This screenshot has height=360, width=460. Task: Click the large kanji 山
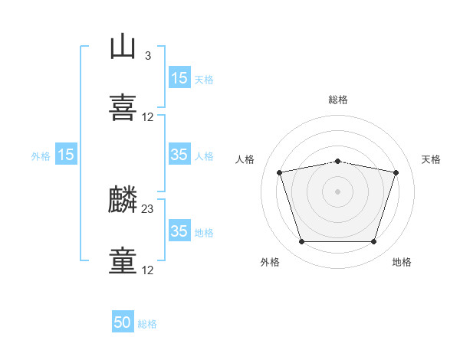click(123, 46)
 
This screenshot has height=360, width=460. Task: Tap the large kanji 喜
click(123, 107)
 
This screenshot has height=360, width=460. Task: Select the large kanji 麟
click(123, 199)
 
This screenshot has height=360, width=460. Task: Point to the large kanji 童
click(123, 260)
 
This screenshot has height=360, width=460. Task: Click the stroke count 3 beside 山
click(148, 55)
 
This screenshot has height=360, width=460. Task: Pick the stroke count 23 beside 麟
click(147, 209)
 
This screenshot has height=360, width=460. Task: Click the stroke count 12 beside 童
click(147, 270)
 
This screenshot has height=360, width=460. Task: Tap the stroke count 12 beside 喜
click(147, 117)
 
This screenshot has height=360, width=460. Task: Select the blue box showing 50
click(123, 321)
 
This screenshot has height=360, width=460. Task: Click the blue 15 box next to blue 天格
click(179, 77)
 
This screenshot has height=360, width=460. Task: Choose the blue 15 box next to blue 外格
click(66, 154)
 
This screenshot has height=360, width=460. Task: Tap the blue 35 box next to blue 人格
click(179, 154)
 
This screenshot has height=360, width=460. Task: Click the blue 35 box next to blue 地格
click(179, 230)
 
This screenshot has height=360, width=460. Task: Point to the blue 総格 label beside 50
click(147, 324)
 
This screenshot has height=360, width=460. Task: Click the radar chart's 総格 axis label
click(338, 100)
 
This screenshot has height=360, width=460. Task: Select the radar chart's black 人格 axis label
click(245, 159)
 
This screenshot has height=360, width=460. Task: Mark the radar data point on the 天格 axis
click(396, 172)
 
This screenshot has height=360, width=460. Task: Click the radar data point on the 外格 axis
click(302, 241)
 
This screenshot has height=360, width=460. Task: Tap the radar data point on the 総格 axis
click(338, 162)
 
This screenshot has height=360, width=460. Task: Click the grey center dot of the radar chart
click(337, 191)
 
